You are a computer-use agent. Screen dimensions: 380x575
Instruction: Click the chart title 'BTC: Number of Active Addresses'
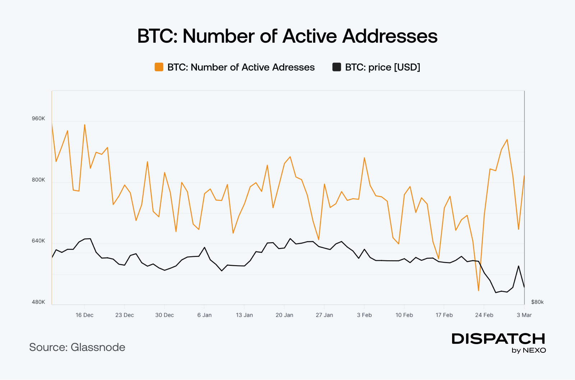coord(287,36)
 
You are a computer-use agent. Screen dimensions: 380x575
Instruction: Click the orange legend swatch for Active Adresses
coord(159,67)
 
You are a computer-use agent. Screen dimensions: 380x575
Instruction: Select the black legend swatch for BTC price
coord(337,67)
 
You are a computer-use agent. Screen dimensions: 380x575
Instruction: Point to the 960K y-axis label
coord(38,118)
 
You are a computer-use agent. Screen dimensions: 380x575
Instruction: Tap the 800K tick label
coord(38,180)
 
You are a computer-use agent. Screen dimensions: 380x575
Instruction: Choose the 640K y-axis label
coord(38,241)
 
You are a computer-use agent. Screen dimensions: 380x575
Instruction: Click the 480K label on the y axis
coord(38,302)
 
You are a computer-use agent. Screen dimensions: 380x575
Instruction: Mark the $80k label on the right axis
coord(537,302)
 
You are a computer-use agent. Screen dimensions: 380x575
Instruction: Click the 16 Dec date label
coord(84,315)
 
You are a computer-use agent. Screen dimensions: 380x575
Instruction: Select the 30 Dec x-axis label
coord(165,315)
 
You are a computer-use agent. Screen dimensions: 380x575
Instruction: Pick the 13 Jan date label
coord(244,315)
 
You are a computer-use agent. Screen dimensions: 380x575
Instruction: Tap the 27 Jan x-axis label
coord(324,315)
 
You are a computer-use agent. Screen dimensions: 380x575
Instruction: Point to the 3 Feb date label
coord(364,315)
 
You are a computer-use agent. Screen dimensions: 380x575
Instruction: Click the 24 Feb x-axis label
coord(484,315)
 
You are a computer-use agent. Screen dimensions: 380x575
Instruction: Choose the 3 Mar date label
coord(524,315)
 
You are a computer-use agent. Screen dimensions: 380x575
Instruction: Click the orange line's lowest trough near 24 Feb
coord(479,290)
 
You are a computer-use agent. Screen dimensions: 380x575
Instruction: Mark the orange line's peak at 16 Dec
coord(84,125)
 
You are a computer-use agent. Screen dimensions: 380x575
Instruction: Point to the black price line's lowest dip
coord(496,292)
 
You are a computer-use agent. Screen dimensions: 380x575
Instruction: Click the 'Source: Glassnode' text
coord(77,347)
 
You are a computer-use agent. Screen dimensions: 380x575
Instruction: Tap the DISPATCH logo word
coord(498,339)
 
